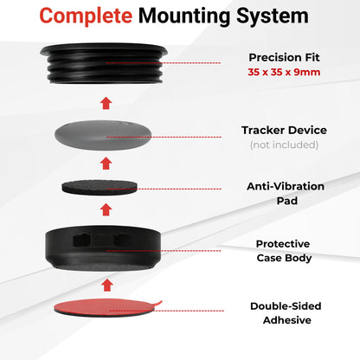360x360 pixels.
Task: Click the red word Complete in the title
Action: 86,16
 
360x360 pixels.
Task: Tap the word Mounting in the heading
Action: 184,16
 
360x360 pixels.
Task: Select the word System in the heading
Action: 273,16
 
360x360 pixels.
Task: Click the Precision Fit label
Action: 284,57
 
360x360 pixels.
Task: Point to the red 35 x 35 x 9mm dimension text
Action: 284,72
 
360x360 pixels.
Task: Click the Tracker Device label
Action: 284,130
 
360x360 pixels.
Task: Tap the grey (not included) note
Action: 284,145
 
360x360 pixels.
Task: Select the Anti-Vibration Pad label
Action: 286,193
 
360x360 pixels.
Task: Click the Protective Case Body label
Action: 284,251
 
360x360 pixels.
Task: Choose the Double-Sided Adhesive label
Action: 286,313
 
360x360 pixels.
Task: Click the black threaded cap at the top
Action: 104,63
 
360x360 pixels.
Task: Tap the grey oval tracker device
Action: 103,135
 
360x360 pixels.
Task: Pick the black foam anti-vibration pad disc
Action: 100,187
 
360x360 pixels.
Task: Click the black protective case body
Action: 103,248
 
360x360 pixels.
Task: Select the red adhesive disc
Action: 106,308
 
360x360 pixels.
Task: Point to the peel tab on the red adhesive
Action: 158,303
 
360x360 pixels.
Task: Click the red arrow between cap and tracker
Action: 106,103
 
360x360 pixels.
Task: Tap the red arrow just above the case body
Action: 106,209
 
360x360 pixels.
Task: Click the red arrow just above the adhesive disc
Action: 107,285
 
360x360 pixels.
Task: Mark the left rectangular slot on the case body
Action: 82,240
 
